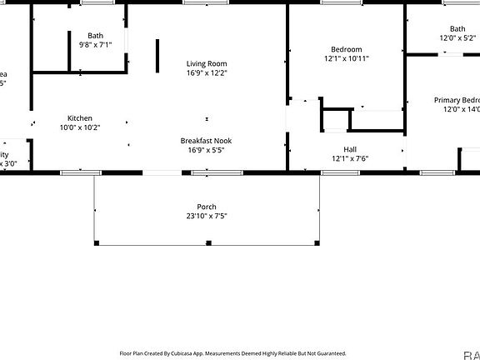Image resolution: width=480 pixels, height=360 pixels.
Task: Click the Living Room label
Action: pyautogui.click(x=206, y=63)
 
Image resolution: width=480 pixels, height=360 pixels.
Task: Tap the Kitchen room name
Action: pyautogui.click(x=79, y=118)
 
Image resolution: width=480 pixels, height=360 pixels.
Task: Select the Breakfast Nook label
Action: pyautogui.click(x=206, y=141)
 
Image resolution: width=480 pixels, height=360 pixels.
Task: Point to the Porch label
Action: pyautogui.click(x=207, y=207)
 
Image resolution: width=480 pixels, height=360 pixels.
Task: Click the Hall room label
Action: pyautogui.click(x=350, y=149)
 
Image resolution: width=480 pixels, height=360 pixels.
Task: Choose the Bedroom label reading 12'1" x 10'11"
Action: pyautogui.click(x=347, y=49)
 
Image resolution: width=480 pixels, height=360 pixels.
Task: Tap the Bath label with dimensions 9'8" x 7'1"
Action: pyautogui.click(x=96, y=35)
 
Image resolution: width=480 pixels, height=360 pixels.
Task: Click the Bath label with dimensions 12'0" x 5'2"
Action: pyautogui.click(x=458, y=28)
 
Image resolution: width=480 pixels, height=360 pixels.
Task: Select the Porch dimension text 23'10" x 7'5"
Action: pyautogui.click(x=207, y=217)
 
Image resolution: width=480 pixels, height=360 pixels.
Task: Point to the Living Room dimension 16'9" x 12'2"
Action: pyautogui.click(x=206, y=72)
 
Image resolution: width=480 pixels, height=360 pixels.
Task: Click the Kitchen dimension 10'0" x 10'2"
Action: pyautogui.click(x=79, y=127)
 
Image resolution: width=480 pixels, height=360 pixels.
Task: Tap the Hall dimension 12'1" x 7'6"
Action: pyautogui.click(x=350, y=158)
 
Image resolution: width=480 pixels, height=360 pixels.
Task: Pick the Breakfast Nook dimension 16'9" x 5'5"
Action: pyautogui.click(x=206, y=150)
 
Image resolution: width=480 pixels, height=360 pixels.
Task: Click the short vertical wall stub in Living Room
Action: pyautogui.click(x=157, y=55)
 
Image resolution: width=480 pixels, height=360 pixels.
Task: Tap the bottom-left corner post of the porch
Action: pyautogui.click(x=96, y=242)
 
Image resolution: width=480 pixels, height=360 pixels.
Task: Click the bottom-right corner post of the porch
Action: pyautogui.click(x=317, y=242)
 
